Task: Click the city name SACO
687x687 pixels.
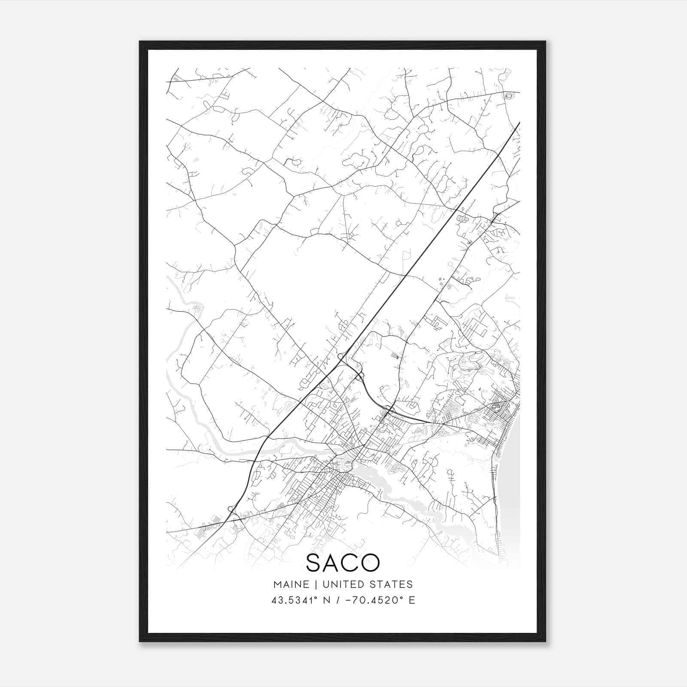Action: tap(343, 562)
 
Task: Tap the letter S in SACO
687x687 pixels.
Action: tap(315, 562)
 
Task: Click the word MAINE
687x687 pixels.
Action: tap(291, 584)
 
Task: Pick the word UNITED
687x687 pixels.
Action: tap(341, 584)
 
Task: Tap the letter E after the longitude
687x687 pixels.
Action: tap(412, 600)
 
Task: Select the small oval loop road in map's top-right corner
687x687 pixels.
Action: tap(509, 96)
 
